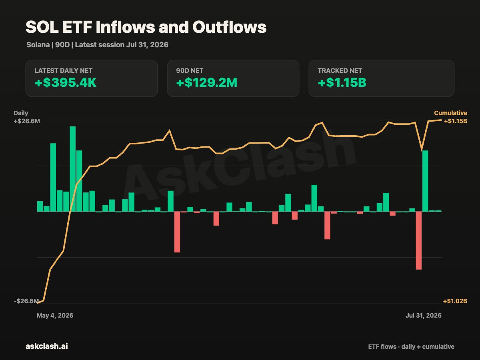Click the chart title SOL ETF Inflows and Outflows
[146, 27]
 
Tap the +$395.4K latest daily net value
[65, 83]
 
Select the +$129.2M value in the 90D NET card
[207, 83]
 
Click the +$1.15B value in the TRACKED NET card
[342, 83]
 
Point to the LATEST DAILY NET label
[64, 71]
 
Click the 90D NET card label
[190, 71]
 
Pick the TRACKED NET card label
[340, 71]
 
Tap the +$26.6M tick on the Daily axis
[27, 121]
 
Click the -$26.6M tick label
[26, 301]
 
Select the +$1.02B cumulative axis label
[455, 301]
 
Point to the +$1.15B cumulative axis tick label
[455, 121]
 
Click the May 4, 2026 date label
[55, 316]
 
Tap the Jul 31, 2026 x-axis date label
[423, 316]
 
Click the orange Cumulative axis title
[450, 113]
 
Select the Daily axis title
[21, 113]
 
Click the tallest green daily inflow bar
[73, 169]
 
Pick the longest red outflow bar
[418, 240]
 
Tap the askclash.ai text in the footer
[46, 346]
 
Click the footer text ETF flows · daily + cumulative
[411, 347]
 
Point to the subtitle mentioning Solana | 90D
[97, 45]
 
